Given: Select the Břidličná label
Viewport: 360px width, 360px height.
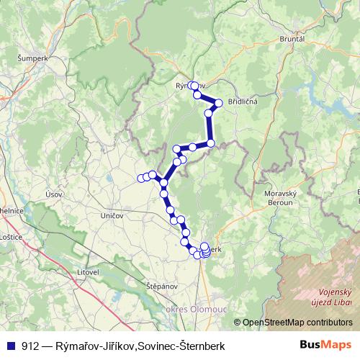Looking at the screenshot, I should (x=243, y=102).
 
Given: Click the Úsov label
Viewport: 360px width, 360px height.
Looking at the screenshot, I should (x=53, y=193).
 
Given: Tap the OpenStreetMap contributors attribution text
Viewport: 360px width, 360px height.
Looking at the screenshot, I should (x=297, y=323).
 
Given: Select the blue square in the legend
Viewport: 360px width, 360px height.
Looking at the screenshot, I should (x=10, y=346).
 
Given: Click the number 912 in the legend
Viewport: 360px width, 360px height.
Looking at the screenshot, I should (x=30, y=346).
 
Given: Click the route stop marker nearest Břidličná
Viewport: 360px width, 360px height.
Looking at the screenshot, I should (x=219, y=103).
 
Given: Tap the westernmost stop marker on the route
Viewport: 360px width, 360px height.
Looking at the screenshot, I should (x=141, y=179).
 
